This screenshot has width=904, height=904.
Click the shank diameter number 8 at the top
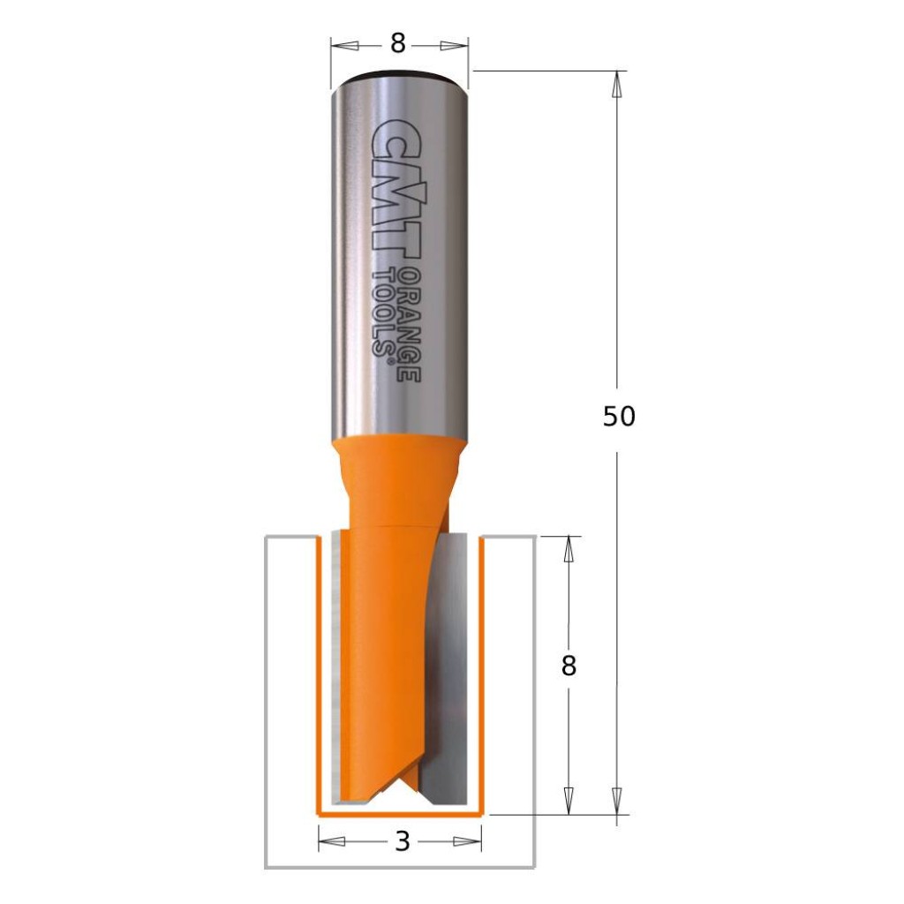pos(398,44)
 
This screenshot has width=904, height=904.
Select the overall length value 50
pos(619,416)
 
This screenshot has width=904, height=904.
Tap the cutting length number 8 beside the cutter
pos(569,666)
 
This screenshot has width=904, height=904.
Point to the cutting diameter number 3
pos(403,841)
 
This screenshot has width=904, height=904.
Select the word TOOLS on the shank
pos(385,309)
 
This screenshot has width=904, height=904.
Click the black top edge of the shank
pos(399,72)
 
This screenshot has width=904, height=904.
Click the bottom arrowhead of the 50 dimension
pos(618,801)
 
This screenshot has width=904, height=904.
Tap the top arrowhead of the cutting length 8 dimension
pos(569,548)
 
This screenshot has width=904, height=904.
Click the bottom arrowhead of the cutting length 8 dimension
pos(569,801)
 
